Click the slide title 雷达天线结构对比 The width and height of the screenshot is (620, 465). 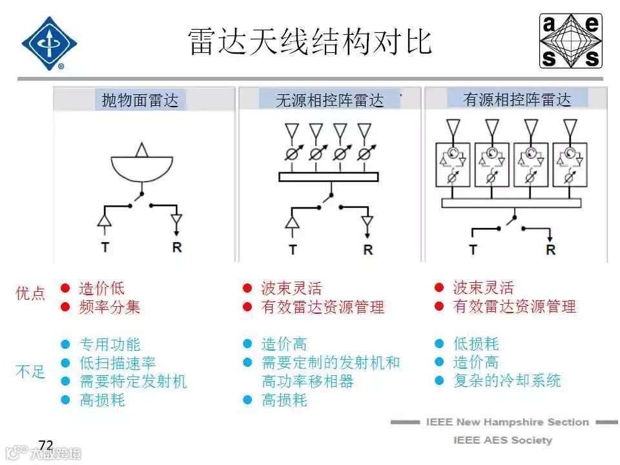(x=310, y=41)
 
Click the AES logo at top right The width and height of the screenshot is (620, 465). (x=571, y=41)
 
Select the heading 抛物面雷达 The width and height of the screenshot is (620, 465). (x=140, y=100)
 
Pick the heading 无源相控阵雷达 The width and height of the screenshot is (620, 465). (x=329, y=100)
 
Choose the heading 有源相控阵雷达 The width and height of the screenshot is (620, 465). (x=517, y=99)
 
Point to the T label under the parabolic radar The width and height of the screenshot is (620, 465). (x=105, y=247)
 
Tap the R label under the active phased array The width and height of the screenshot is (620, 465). (x=550, y=249)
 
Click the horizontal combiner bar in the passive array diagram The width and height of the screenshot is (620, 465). (x=328, y=176)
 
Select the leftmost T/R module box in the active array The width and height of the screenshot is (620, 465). (x=455, y=165)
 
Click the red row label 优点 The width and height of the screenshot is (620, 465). (x=30, y=294)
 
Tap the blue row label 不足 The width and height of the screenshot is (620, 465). (x=30, y=372)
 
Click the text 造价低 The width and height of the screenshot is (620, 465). (x=101, y=288)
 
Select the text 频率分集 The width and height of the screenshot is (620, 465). (x=109, y=307)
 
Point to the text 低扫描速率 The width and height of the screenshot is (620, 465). (x=117, y=363)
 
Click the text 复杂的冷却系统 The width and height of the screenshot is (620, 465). (x=507, y=380)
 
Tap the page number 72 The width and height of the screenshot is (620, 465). (x=46, y=445)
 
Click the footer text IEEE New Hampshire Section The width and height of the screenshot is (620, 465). (x=507, y=422)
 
